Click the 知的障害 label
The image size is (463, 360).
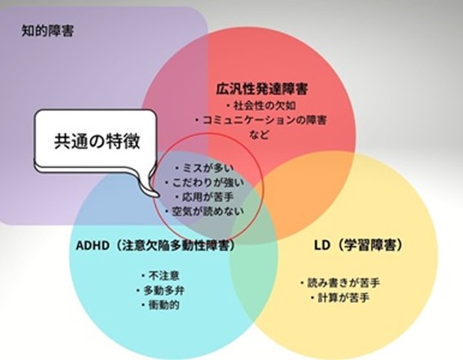(x=47, y=31)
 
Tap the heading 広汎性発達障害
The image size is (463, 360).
(x=262, y=89)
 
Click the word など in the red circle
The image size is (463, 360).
(x=259, y=135)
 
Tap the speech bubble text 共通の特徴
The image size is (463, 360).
(x=97, y=141)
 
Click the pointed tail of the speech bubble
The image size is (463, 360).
(x=158, y=195)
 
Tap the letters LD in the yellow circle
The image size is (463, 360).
(x=322, y=246)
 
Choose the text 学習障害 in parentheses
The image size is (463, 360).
(x=369, y=246)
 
